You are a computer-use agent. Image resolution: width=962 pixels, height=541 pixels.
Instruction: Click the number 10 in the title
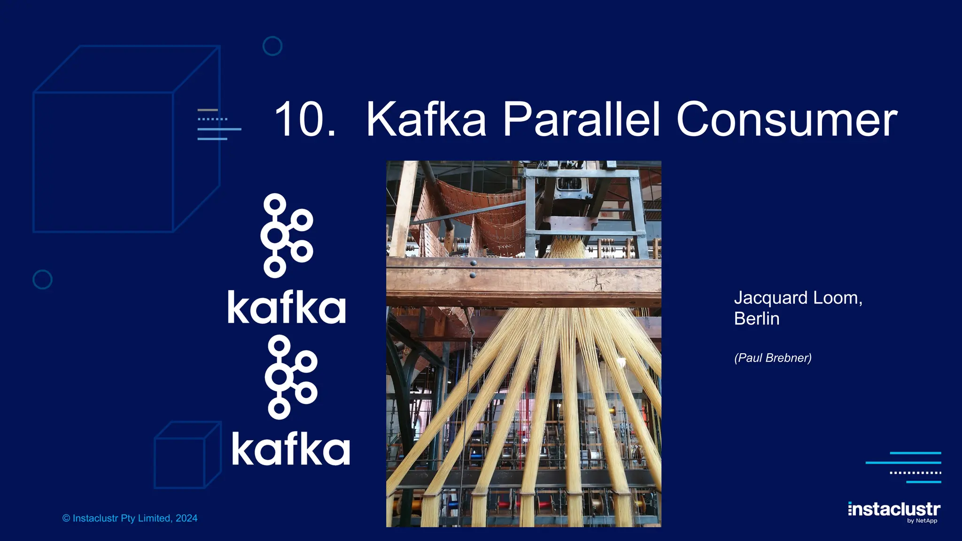click(x=298, y=120)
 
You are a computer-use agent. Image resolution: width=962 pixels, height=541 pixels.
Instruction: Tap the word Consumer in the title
click(x=787, y=120)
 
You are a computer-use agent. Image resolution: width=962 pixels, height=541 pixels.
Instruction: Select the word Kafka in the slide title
click(x=426, y=120)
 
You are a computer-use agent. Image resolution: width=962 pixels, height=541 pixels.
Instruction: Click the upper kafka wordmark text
click(x=287, y=307)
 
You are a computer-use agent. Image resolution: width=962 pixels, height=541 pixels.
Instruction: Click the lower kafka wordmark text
click(x=291, y=449)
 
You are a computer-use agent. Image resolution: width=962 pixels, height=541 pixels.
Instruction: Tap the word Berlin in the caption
click(x=756, y=319)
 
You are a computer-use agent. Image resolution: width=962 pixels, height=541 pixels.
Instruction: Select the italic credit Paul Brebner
click(x=773, y=358)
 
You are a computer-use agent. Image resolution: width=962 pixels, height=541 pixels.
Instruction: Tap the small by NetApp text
click(x=922, y=520)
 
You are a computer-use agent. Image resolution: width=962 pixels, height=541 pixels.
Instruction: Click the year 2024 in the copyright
click(x=186, y=518)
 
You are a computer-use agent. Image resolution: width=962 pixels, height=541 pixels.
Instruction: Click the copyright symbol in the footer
click(x=66, y=518)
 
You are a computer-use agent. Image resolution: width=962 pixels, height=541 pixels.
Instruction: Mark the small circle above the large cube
click(x=272, y=46)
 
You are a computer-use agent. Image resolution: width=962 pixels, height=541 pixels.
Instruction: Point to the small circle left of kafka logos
click(x=42, y=279)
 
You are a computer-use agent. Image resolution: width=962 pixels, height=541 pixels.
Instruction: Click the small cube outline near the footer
click(x=187, y=456)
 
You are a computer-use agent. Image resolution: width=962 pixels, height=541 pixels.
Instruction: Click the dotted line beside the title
click(x=212, y=119)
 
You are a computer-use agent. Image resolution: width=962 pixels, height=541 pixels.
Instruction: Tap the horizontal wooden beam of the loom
click(x=523, y=282)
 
